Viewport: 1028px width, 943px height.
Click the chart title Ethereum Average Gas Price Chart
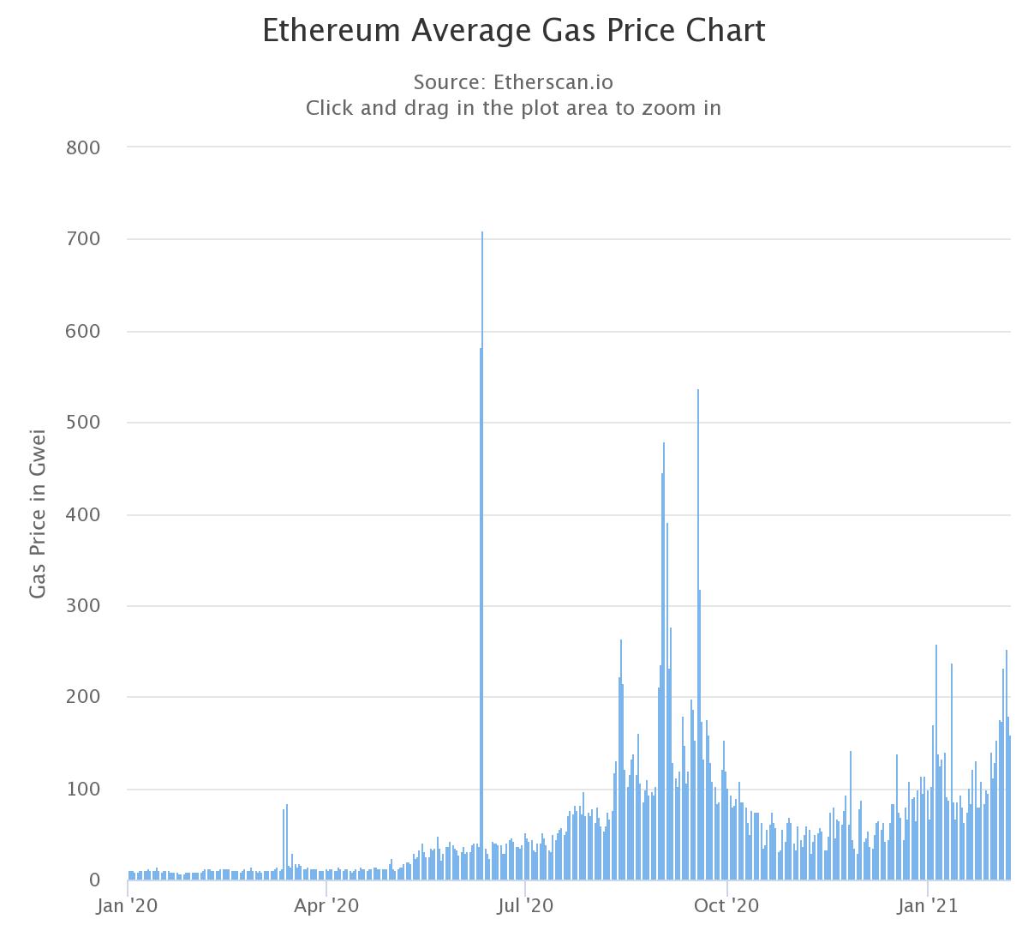(513, 31)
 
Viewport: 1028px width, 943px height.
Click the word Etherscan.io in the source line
(553, 82)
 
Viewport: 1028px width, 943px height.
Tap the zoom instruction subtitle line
(513, 108)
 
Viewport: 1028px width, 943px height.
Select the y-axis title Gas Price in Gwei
(38, 514)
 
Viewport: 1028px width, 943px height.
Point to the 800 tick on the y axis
(83, 148)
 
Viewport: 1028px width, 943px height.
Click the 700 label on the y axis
(83, 239)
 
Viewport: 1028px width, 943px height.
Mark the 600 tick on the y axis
(83, 331)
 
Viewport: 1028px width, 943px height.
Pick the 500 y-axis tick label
(83, 423)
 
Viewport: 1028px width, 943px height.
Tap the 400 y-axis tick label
(83, 514)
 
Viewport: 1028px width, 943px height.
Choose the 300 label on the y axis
(83, 606)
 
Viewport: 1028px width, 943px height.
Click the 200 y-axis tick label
(83, 698)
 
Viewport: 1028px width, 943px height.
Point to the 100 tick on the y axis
(83, 790)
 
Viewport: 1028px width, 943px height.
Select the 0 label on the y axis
(94, 880)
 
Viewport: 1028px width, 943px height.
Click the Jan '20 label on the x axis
(127, 906)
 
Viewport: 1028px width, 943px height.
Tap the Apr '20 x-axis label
(326, 906)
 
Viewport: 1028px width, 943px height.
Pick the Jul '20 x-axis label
(525, 906)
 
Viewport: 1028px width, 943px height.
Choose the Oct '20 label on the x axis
(726, 906)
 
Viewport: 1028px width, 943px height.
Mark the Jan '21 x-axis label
(927, 906)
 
